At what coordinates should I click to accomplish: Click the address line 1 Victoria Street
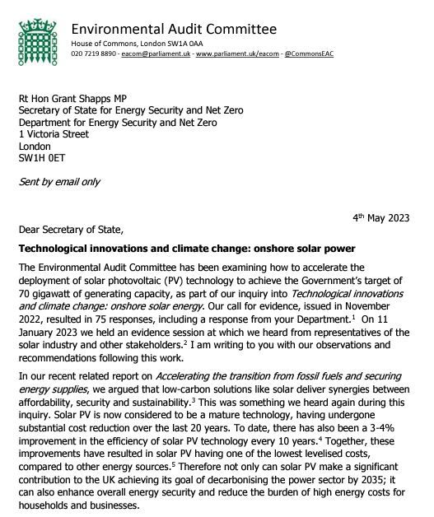(x=55, y=132)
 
